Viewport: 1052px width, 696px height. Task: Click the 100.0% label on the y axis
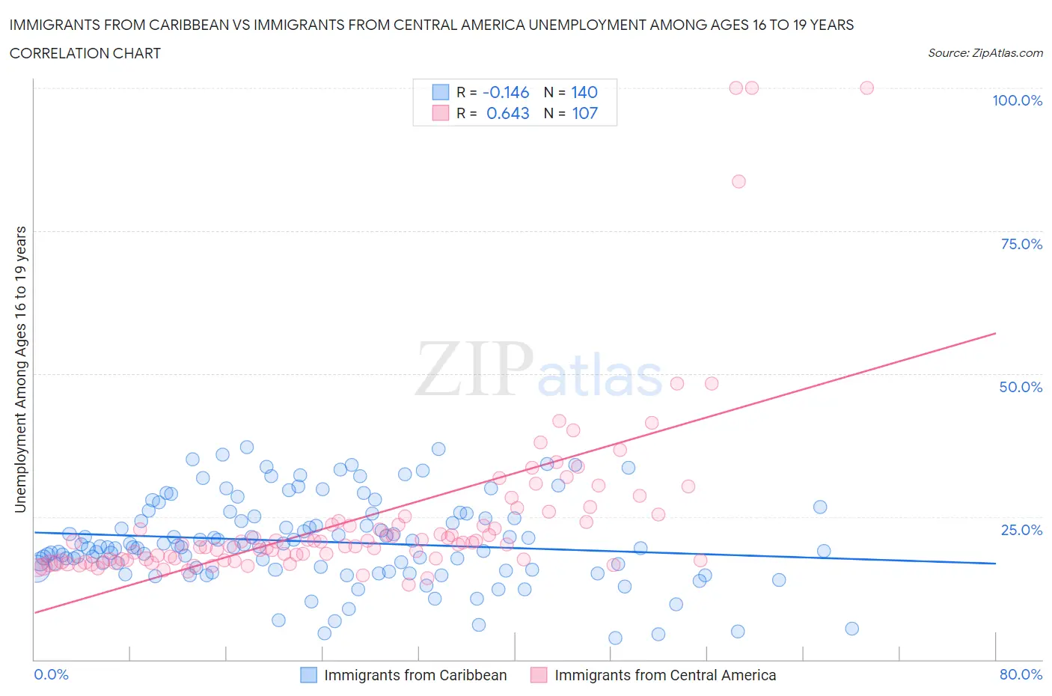[1017, 100]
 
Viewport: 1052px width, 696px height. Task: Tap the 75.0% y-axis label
[1021, 244]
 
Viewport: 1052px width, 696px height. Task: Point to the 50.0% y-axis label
[1021, 387]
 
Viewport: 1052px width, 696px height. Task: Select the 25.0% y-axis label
[1021, 530]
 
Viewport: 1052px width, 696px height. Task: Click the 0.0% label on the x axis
[51, 674]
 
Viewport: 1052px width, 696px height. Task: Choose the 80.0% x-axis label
[1021, 674]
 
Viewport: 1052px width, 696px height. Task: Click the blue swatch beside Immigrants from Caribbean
[308, 675]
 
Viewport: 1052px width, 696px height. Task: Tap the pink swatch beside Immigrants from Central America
[539, 675]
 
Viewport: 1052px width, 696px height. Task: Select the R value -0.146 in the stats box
[506, 92]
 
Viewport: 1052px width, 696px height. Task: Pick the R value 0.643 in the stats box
[507, 113]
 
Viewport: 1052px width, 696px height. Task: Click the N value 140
[584, 92]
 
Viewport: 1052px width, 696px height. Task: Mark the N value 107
[584, 113]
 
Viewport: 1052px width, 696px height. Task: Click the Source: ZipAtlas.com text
[985, 53]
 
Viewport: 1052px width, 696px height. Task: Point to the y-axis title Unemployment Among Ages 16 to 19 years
[20, 370]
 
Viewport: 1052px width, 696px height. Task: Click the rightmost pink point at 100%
[866, 88]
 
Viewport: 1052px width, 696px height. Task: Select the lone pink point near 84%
[738, 181]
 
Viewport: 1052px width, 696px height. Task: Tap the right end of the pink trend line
[995, 332]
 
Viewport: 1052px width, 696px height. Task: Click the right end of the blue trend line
[995, 563]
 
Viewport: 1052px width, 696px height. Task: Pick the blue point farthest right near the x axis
[851, 629]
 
